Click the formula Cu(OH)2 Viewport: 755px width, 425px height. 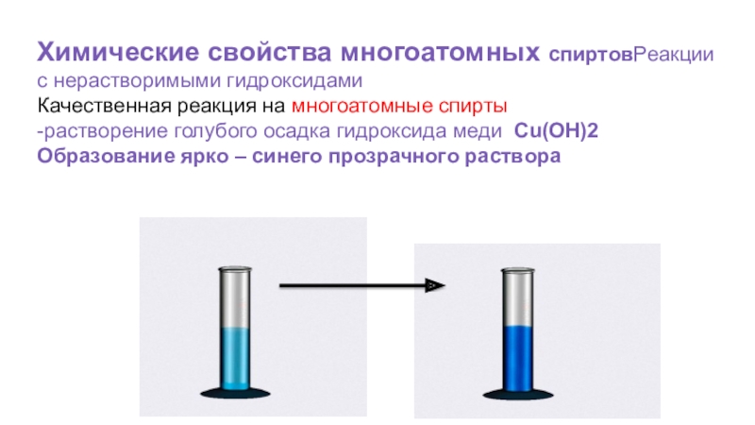[x=556, y=130]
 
